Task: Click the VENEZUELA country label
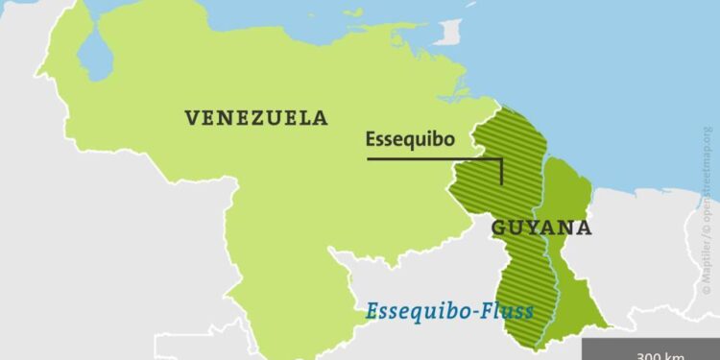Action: tap(256, 118)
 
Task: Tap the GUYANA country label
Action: tap(541, 228)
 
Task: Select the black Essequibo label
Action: tap(410, 139)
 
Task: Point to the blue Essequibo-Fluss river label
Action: tap(449, 312)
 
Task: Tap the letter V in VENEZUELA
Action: tap(191, 118)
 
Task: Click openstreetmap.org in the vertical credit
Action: tap(708, 173)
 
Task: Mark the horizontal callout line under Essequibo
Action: tap(432, 157)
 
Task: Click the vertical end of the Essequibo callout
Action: tap(500, 170)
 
